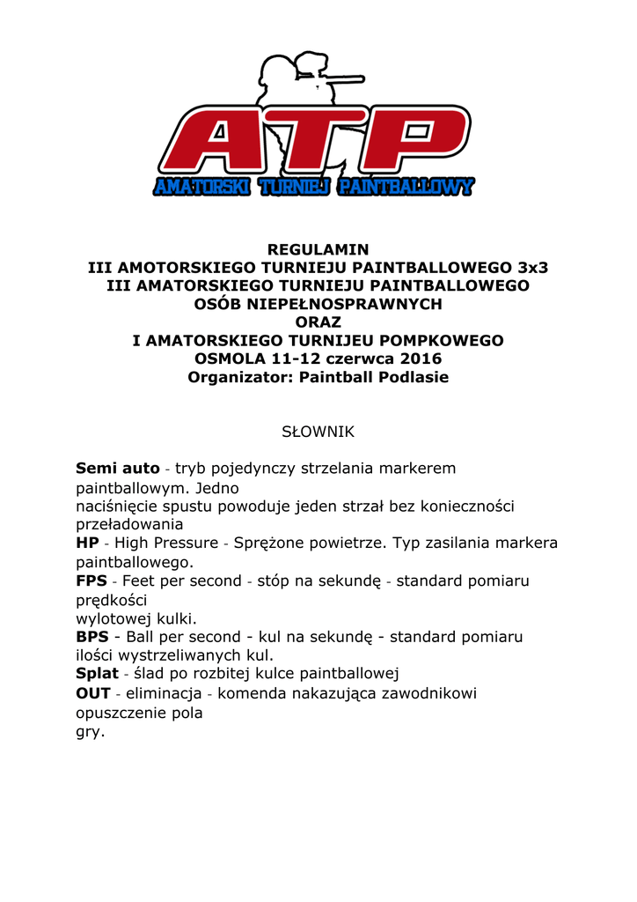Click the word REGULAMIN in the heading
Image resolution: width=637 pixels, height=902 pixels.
click(318, 249)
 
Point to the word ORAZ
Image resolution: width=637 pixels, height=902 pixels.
click(318, 322)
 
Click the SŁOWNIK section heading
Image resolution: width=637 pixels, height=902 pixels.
click(318, 433)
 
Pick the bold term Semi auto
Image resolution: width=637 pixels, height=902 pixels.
click(117, 469)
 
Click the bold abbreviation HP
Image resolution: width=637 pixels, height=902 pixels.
click(87, 543)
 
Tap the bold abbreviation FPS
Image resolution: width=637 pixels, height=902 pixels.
click(92, 581)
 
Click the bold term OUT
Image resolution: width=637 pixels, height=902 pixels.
click(93, 693)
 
